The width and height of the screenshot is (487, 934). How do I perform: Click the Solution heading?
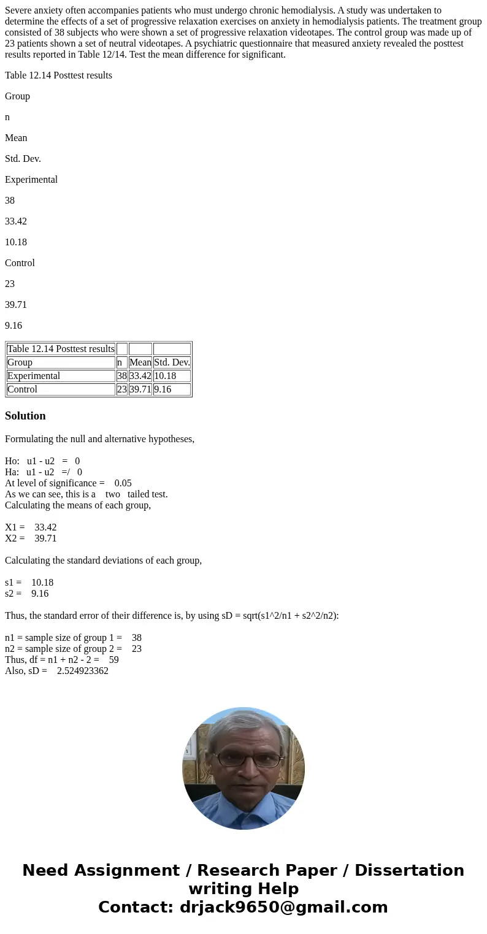[x=25, y=416]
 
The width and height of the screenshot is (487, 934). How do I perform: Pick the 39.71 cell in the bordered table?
[x=140, y=389]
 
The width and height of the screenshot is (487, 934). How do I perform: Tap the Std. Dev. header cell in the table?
[x=172, y=362]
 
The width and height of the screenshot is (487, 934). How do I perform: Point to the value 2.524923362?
[x=83, y=671]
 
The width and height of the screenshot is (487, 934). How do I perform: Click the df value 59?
[x=114, y=660]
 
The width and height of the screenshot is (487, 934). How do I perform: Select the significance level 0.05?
[x=123, y=483]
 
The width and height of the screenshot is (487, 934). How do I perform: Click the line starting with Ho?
[x=42, y=461]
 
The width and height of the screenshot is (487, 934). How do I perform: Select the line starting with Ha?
[x=44, y=472]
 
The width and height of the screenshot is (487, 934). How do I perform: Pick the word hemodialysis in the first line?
[x=307, y=10]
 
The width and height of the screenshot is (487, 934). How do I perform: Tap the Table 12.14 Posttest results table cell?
[x=61, y=349]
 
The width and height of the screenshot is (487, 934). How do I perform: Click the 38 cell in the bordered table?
[x=121, y=376]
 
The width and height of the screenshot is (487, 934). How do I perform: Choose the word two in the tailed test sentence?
[x=112, y=494]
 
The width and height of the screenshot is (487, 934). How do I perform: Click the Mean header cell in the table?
[x=140, y=362]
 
